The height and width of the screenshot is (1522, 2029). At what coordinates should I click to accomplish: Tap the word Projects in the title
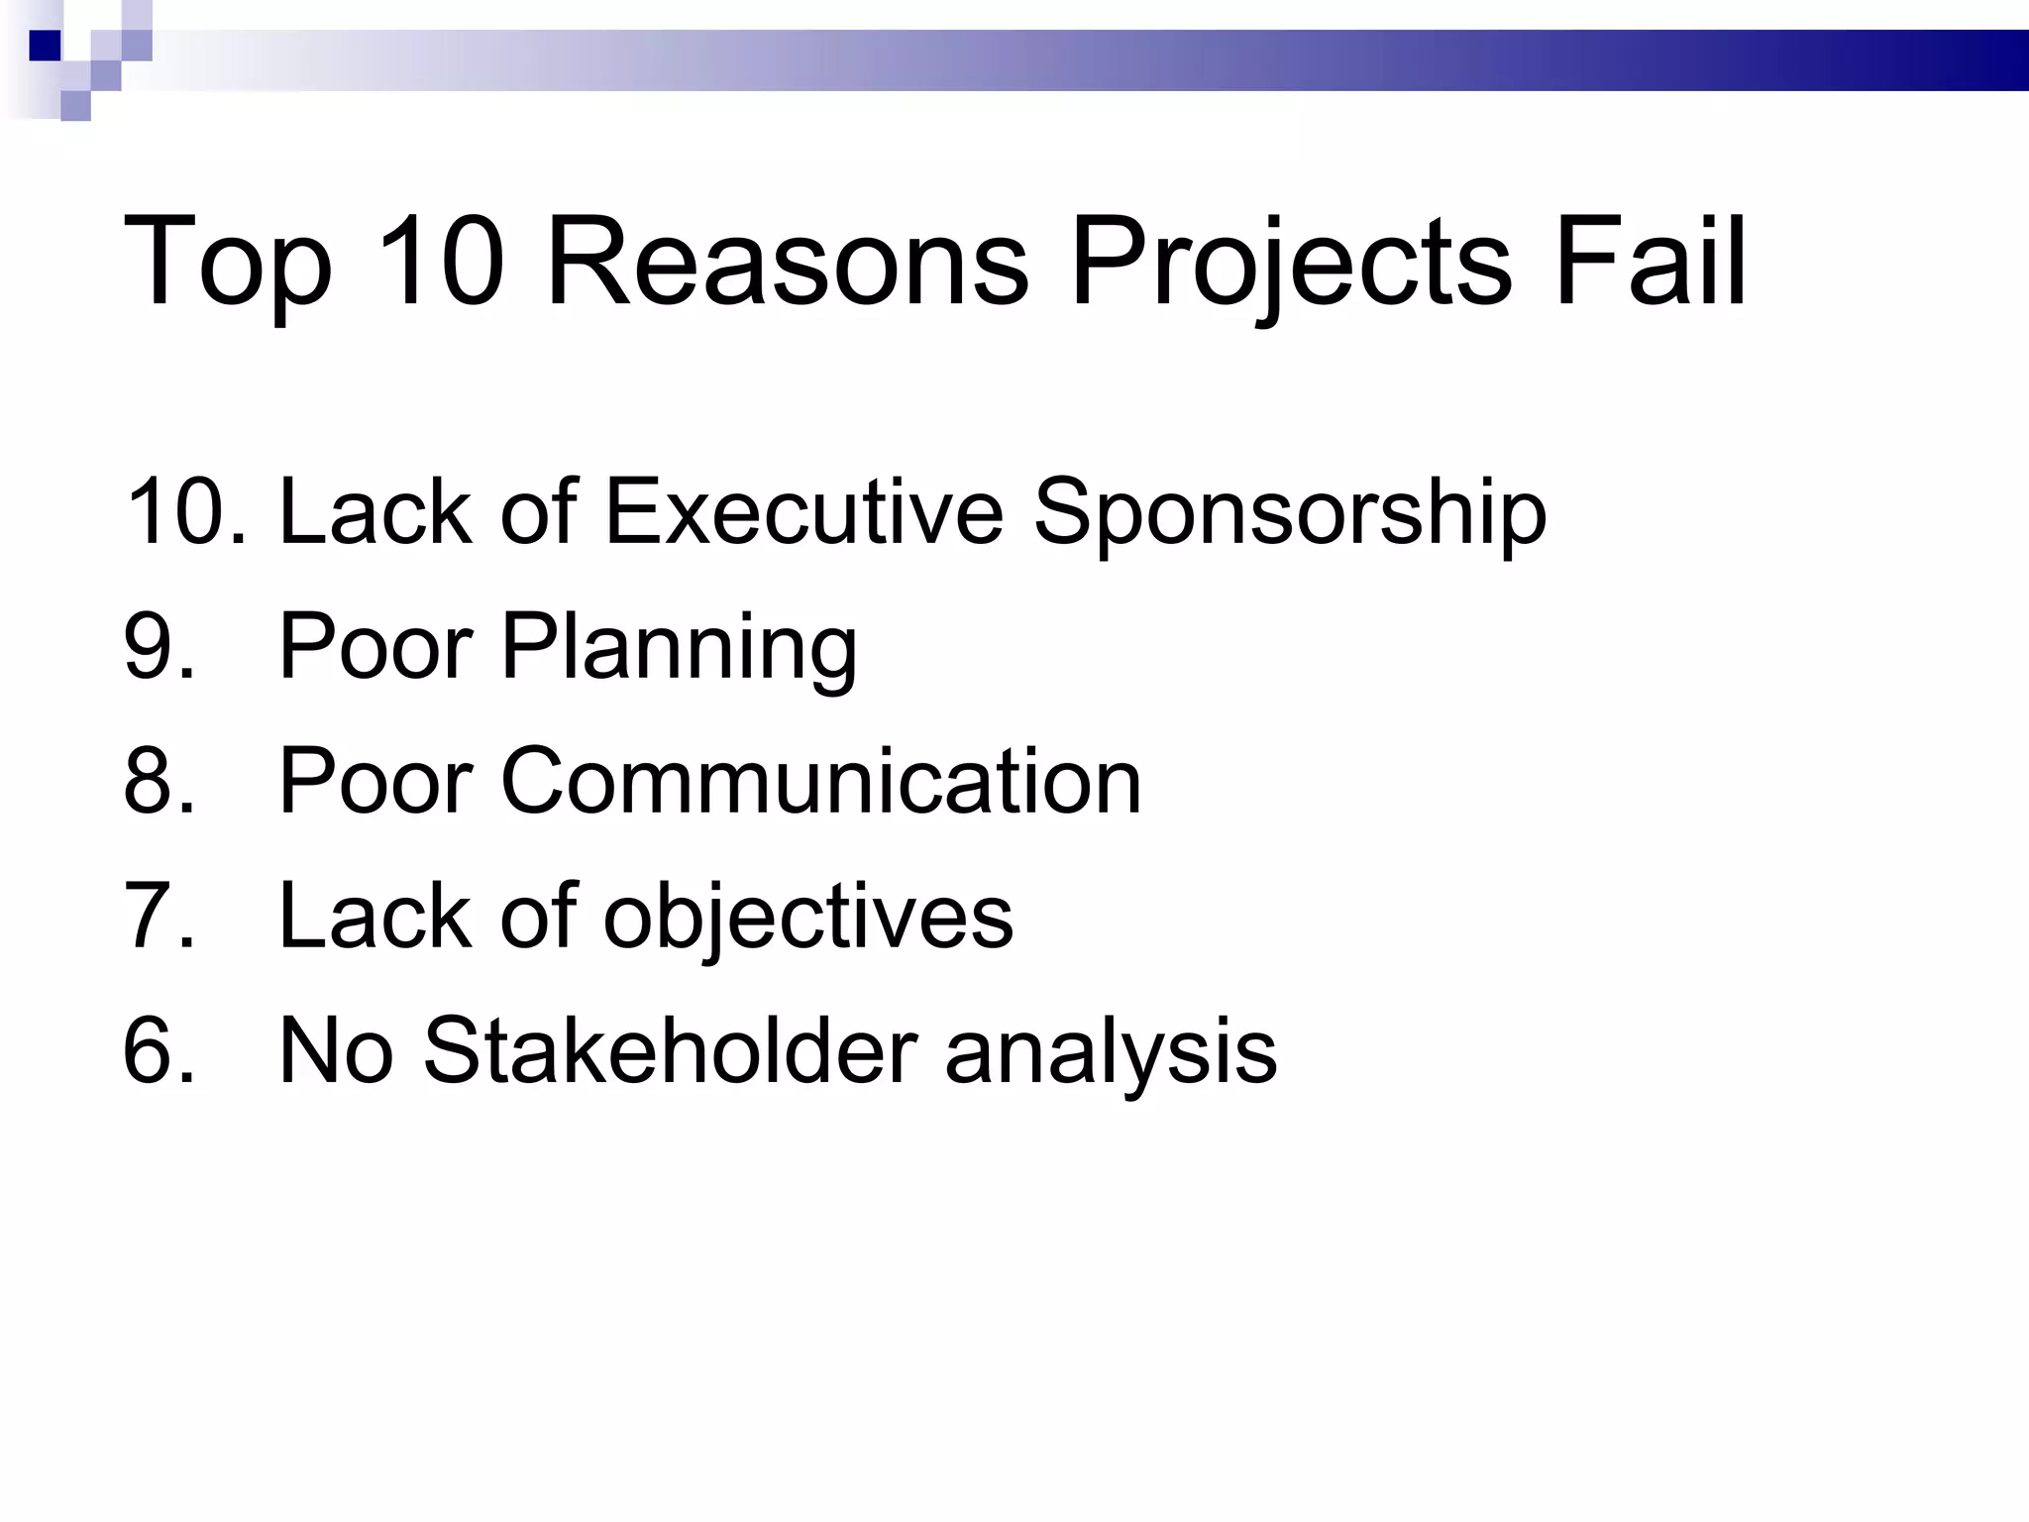pos(1291,264)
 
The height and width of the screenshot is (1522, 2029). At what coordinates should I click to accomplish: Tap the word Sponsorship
pos(1289,513)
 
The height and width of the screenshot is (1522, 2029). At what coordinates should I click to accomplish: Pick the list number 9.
pos(159,646)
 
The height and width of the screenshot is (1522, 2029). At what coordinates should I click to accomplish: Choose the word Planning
pos(679,648)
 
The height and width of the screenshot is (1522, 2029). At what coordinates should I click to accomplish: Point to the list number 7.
pos(159,916)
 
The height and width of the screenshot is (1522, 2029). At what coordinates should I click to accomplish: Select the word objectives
pos(808,918)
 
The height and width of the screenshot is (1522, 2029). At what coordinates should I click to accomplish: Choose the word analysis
pos(1111,1052)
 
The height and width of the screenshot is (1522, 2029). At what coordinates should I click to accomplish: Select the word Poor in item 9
pos(375,646)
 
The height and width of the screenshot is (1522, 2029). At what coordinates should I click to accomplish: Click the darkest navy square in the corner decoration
pos(45,46)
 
